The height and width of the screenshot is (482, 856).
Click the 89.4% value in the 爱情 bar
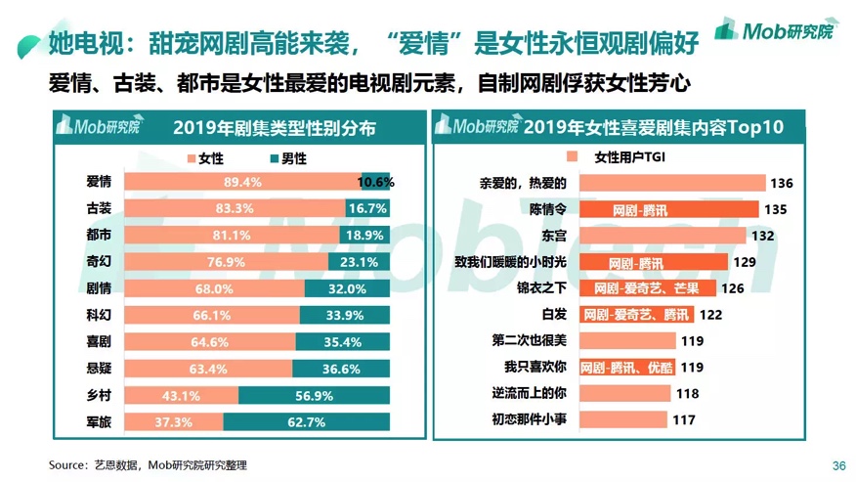242,182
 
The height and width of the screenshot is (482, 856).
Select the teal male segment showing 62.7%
306,422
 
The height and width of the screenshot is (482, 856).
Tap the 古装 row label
99,208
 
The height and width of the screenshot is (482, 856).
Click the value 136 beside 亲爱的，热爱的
780,183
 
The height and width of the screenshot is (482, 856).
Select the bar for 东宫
663,236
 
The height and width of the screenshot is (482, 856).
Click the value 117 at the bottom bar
684,420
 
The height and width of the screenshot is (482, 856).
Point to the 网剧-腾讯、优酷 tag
626,368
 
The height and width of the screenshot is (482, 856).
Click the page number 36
837,465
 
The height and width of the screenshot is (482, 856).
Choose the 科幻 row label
99,315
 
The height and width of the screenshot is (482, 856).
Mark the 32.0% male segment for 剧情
347,288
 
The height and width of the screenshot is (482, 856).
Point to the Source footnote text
148,465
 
